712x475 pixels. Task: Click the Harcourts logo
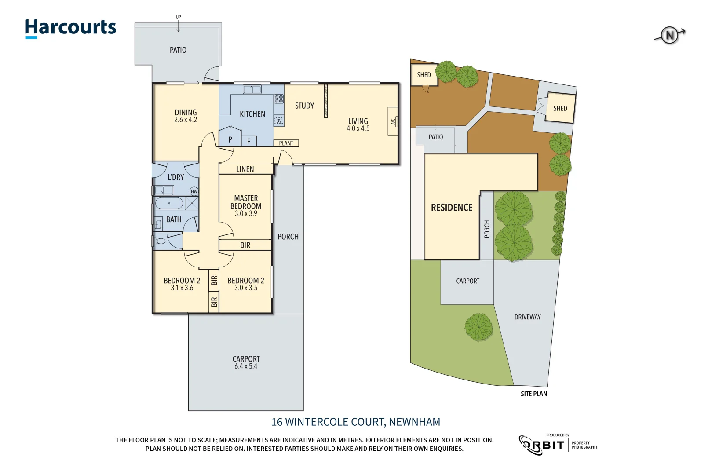70,28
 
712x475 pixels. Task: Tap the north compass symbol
669,35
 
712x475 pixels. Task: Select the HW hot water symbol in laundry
194,191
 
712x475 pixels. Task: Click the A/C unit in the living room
393,121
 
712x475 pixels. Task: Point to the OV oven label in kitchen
279,121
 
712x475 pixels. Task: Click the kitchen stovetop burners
279,99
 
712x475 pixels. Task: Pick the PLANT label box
286,143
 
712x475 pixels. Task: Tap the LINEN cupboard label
245,169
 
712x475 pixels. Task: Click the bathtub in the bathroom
169,204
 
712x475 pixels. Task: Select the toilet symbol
160,241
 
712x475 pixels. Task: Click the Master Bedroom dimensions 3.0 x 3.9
246,214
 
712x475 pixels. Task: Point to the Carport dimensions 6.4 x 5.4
246,366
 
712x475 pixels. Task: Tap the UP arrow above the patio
178,24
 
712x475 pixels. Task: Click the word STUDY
304,106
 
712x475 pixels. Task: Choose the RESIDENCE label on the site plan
452,208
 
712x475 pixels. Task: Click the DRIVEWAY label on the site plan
527,317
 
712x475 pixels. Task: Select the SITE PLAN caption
534,394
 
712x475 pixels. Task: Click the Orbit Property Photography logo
558,445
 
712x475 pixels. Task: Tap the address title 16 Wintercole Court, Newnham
356,422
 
